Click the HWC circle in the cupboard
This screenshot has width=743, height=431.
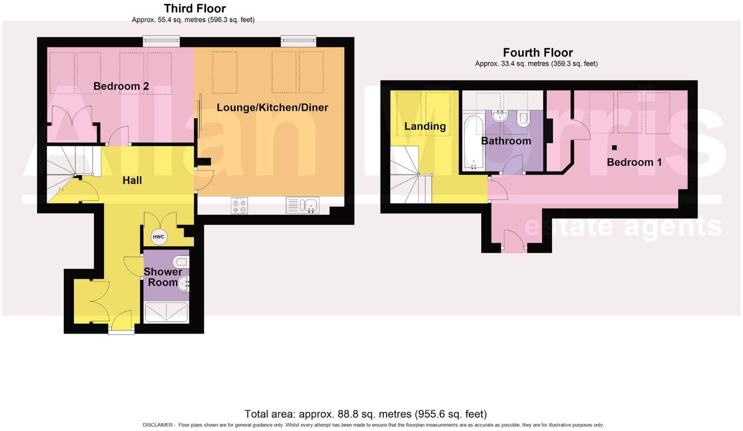tap(159, 237)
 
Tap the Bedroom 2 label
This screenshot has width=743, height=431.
tap(121, 86)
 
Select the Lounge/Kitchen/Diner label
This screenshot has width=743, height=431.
tap(272, 107)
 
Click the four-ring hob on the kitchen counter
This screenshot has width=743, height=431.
tap(239, 206)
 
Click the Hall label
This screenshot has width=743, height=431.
tap(132, 180)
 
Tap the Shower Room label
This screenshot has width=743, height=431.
tap(163, 277)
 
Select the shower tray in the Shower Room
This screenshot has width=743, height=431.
tap(166, 313)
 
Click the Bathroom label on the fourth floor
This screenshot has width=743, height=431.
tap(506, 141)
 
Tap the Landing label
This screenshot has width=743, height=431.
tap(425, 126)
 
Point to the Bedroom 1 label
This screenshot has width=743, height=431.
tap(634, 162)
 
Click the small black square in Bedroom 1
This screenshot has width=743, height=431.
tap(614, 148)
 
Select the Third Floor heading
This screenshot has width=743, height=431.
tap(195, 9)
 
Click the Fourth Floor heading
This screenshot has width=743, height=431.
tap(538, 53)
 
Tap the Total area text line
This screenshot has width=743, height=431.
tap(365, 414)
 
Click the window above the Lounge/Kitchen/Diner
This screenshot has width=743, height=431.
tap(298, 41)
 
